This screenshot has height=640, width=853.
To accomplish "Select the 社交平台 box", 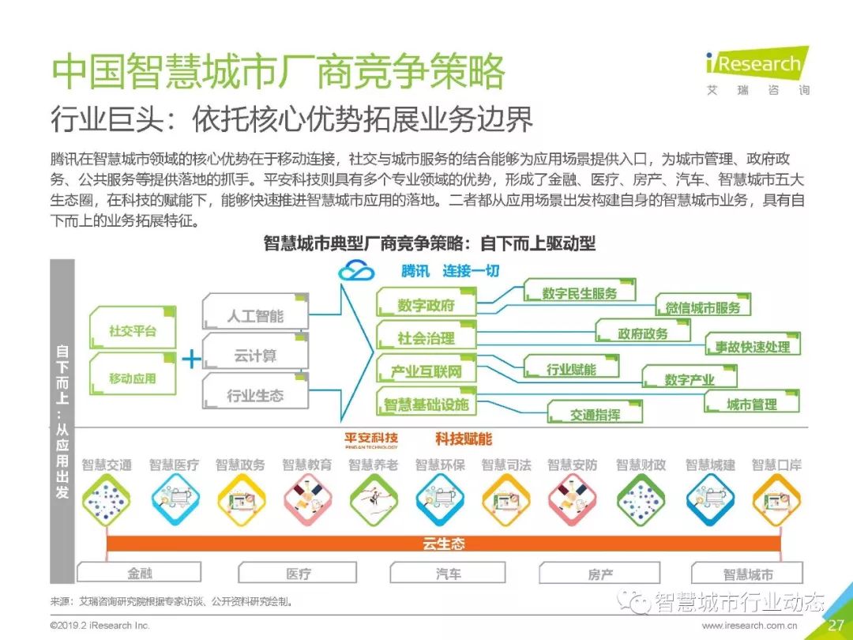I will tap(132, 330).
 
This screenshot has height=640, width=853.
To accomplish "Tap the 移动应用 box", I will tap(132, 378).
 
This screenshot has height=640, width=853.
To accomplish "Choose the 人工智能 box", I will tap(254, 315).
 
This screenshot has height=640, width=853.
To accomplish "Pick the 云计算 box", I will tap(254, 356).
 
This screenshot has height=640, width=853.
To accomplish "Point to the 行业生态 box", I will tap(254, 395).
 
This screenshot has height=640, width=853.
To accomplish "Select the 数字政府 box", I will tap(426, 305).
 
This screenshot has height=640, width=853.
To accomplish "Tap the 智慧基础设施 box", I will tap(426, 405).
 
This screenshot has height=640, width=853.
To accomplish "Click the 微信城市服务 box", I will tap(702, 307).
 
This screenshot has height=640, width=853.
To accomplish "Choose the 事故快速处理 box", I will tap(752, 346).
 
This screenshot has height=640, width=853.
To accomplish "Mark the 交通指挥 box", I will tap(595, 413).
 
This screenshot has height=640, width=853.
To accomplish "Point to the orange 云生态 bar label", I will tap(443, 544).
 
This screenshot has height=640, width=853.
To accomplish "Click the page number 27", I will tap(836, 625).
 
